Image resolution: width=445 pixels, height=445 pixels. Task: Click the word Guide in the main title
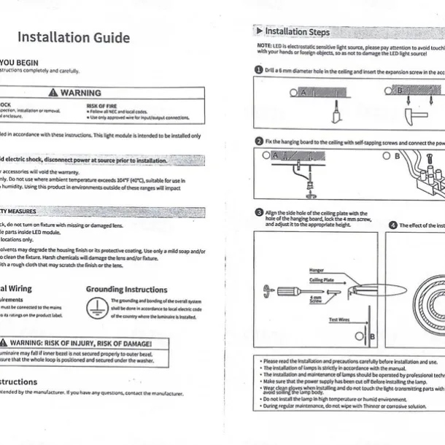[108, 38]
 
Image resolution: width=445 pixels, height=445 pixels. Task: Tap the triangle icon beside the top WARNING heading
[53, 93]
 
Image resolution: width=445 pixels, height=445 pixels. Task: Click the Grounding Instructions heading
[126, 290]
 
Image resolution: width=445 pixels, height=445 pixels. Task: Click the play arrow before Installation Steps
[259, 31]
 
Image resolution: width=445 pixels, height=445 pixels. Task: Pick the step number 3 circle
[259, 212]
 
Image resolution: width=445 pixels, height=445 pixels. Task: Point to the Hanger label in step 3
[317, 271]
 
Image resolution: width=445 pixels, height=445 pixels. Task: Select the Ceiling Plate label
[321, 280]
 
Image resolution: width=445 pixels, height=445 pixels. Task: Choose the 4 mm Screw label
[315, 300]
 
